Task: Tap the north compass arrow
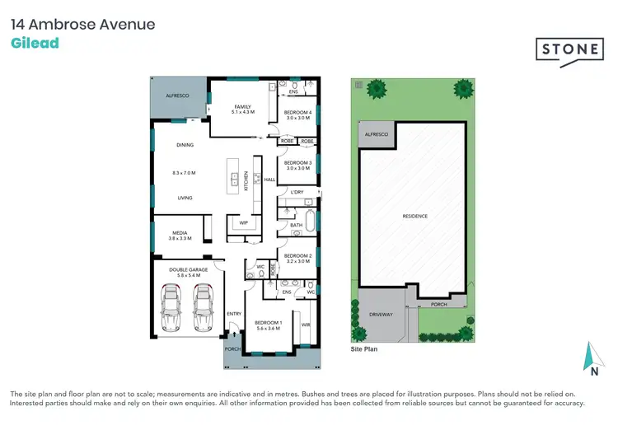coord(591,357)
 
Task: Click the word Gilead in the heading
coord(35,43)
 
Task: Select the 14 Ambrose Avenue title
coord(82,24)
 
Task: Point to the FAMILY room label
coord(242,107)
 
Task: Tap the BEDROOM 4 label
coord(297,112)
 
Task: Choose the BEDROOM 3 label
coord(297,163)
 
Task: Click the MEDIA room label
coord(179,233)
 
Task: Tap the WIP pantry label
coord(244,222)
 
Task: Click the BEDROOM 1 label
coord(269,322)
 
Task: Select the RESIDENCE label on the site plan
coord(414,216)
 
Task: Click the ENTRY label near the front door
coord(234,313)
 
